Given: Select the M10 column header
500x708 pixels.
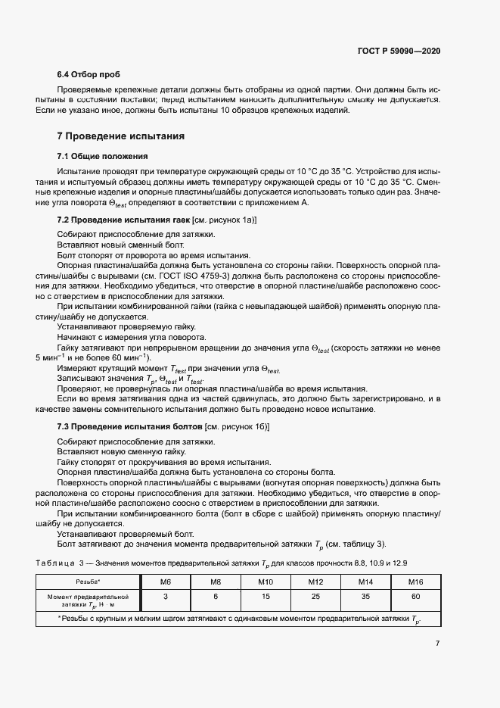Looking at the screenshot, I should pos(265,582).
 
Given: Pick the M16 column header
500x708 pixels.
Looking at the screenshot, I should pos(415,582).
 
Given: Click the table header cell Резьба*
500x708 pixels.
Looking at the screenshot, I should pos(88,582).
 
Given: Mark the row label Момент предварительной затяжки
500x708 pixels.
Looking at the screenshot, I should pos(88,600).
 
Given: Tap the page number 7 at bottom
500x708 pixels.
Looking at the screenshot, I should pos(437,644).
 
